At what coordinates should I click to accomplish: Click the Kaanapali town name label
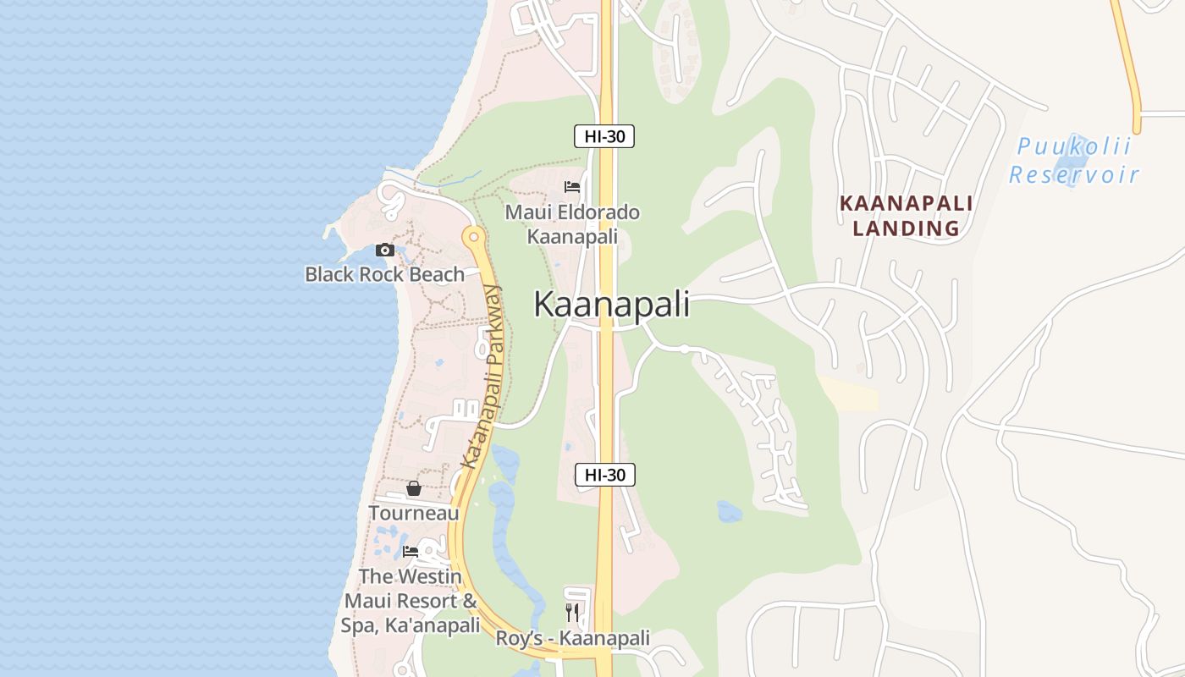(611, 305)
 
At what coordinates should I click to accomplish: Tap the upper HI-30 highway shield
(604, 136)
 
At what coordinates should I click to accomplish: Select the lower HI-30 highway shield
(604, 475)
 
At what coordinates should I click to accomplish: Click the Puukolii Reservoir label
(1074, 161)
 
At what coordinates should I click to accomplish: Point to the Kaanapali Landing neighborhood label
(906, 216)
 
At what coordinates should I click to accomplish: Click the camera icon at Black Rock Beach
(385, 250)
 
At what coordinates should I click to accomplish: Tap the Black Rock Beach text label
(385, 274)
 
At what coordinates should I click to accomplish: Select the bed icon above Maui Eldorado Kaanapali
(572, 187)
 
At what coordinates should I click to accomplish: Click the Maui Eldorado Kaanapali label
(572, 224)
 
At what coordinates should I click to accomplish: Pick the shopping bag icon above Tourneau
(414, 488)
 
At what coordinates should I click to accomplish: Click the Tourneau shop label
(414, 513)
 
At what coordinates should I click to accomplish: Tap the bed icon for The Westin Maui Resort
(411, 551)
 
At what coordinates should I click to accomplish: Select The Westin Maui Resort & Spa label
(411, 601)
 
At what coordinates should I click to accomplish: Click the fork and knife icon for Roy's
(572, 612)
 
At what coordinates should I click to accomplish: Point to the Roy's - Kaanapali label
(572, 638)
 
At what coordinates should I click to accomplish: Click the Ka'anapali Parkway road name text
(482, 377)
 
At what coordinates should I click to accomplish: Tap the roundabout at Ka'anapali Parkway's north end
(473, 236)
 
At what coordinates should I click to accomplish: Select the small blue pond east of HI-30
(729, 511)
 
